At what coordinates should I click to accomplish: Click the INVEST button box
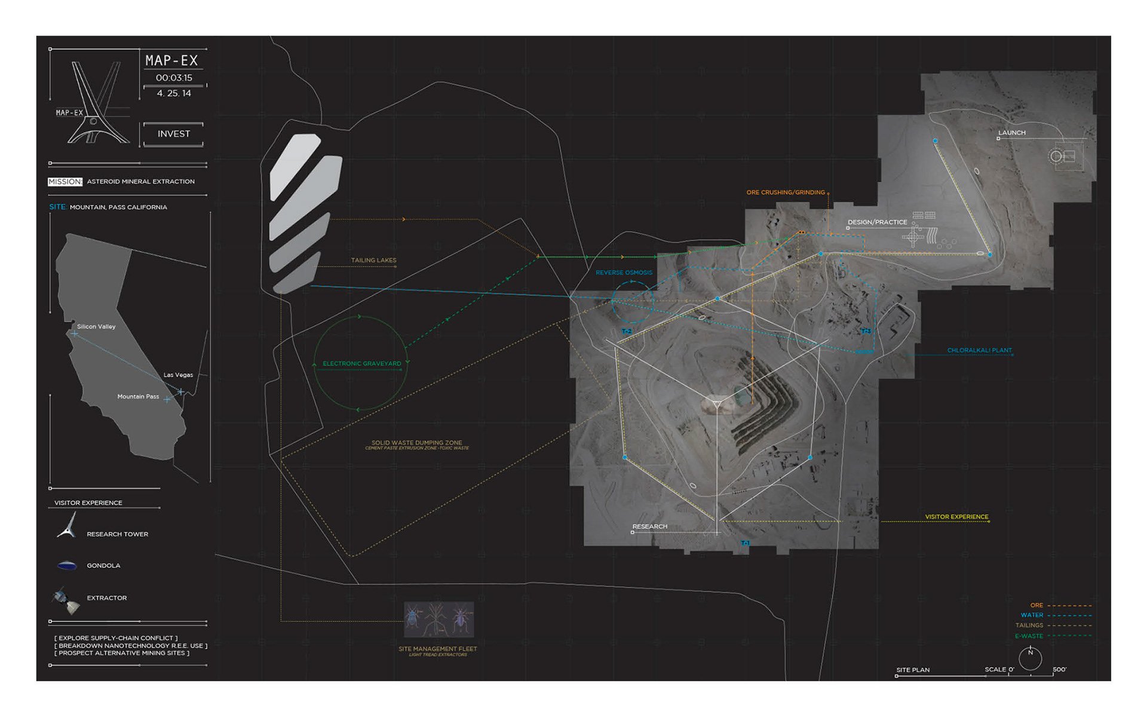(x=173, y=134)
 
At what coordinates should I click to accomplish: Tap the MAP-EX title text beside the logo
(x=171, y=60)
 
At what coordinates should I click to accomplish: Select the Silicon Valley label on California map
(x=96, y=327)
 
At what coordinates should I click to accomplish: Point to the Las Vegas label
(x=178, y=375)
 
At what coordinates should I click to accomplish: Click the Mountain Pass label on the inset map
(x=138, y=397)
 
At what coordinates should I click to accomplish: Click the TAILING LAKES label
(x=373, y=261)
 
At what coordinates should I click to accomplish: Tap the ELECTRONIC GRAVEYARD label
(x=361, y=363)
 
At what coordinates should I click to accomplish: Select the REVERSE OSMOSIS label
(x=624, y=272)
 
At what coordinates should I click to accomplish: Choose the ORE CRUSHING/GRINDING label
(x=785, y=192)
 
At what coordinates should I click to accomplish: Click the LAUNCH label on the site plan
(x=1011, y=133)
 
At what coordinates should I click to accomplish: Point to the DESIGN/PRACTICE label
(x=877, y=222)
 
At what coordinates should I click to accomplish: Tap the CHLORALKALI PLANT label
(x=979, y=351)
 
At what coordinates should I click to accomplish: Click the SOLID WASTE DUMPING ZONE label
(x=416, y=443)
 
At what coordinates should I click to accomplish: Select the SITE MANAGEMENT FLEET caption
(x=437, y=649)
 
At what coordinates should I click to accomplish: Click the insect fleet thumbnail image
(x=439, y=620)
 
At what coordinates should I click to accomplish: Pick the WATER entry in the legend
(x=1032, y=615)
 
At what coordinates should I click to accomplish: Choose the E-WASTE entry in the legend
(x=1029, y=636)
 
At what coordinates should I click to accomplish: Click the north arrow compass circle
(x=1030, y=658)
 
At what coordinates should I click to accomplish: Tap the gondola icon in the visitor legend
(x=67, y=565)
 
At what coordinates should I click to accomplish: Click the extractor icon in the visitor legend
(x=66, y=599)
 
